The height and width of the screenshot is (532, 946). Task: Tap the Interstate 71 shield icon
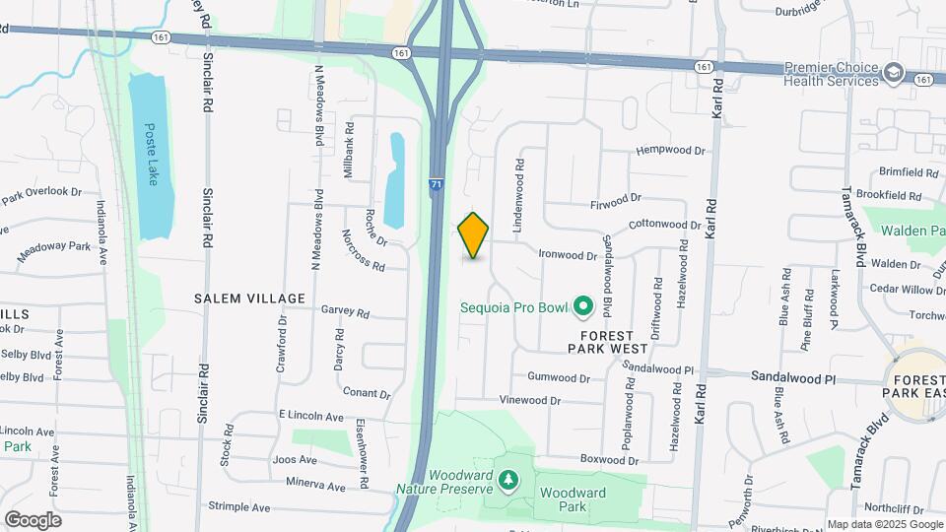pyautogui.click(x=437, y=183)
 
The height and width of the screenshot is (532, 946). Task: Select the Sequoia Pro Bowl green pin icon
pyautogui.click(x=582, y=307)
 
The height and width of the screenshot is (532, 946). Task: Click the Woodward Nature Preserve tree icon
pyautogui.click(x=508, y=480)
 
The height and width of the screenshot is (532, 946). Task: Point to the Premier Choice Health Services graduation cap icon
pyautogui.click(x=895, y=73)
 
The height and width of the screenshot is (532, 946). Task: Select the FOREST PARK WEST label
pyautogui.click(x=607, y=342)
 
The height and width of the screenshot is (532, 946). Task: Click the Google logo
pyautogui.click(x=33, y=520)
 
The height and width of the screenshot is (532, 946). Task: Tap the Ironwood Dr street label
pyautogui.click(x=568, y=255)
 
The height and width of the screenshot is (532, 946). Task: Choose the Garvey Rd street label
pyautogui.click(x=345, y=311)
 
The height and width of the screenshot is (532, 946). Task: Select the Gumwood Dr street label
pyautogui.click(x=558, y=377)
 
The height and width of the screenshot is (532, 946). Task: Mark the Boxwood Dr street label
pyautogui.click(x=602, y=459)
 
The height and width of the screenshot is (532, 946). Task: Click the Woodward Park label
pyautogui.click(x=572, y=499)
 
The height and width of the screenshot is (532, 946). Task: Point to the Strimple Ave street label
pyautogui.click(x=238, y=507)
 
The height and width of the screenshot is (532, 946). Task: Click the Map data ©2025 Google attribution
pyautogui.click(x=883, y=524)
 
